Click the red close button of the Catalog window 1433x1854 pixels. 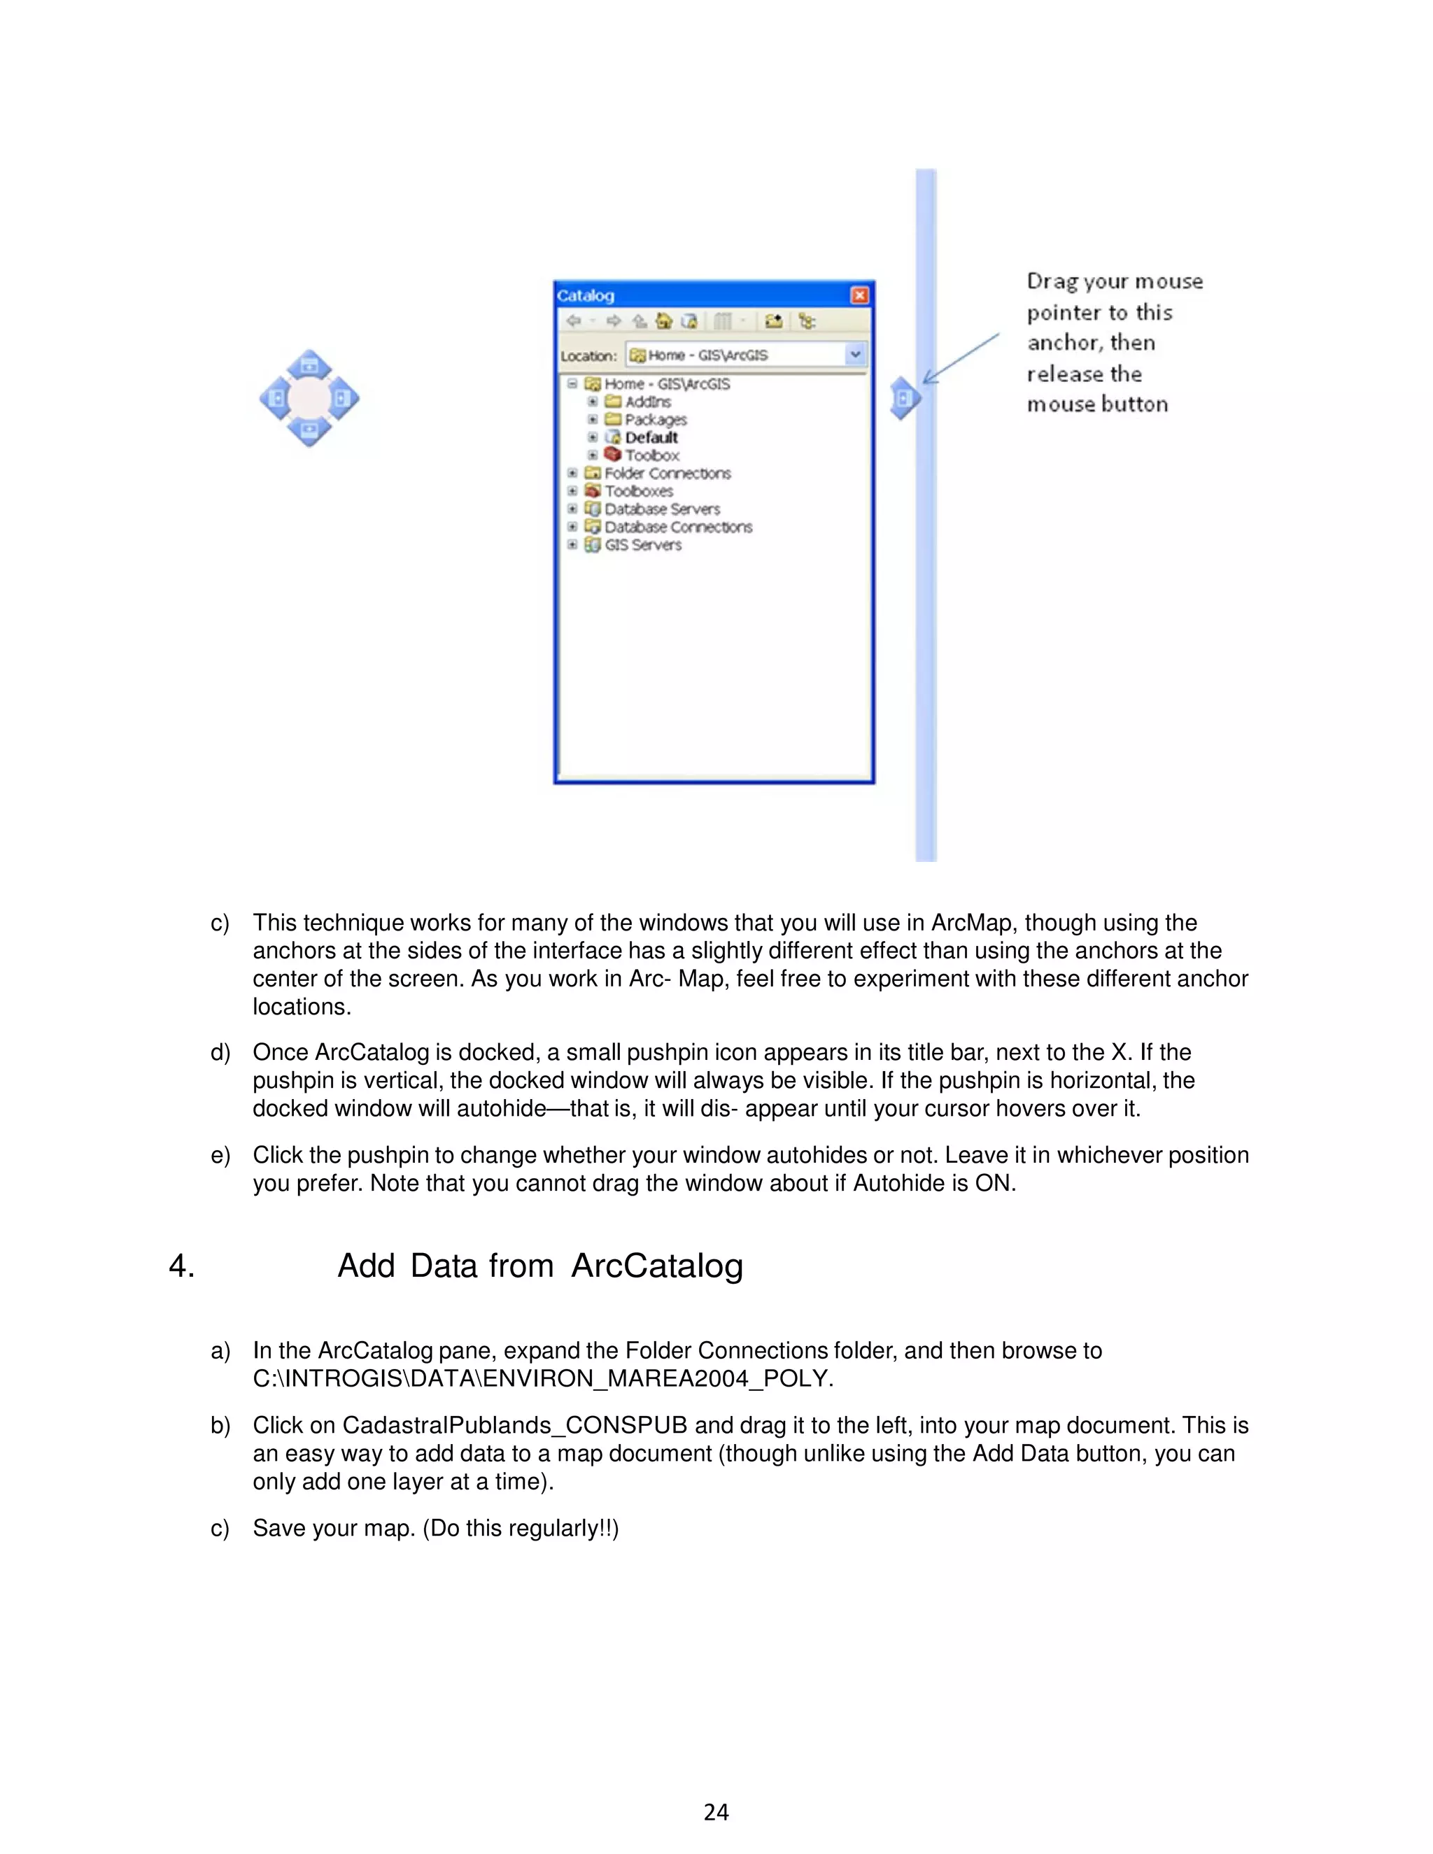point(859,295)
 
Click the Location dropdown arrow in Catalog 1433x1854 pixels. point(855,354)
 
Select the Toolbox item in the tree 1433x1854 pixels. point(652,455)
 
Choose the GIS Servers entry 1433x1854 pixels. point(642,545)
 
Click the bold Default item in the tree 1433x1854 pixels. point(651,437)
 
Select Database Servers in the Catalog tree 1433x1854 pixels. point(662,509)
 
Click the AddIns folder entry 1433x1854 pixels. point(648,402)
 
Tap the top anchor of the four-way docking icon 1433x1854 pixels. point(309,366)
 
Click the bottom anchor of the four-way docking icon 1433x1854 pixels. point(309,430)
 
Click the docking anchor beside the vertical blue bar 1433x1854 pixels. point(904,398)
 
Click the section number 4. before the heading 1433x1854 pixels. point(182,1266)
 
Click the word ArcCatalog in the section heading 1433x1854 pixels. point(657,1266)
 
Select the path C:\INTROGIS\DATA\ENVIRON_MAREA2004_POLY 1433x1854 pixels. point(543,1379)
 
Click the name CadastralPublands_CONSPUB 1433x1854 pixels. point(514,1425)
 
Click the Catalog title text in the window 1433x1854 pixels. point(585,295)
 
